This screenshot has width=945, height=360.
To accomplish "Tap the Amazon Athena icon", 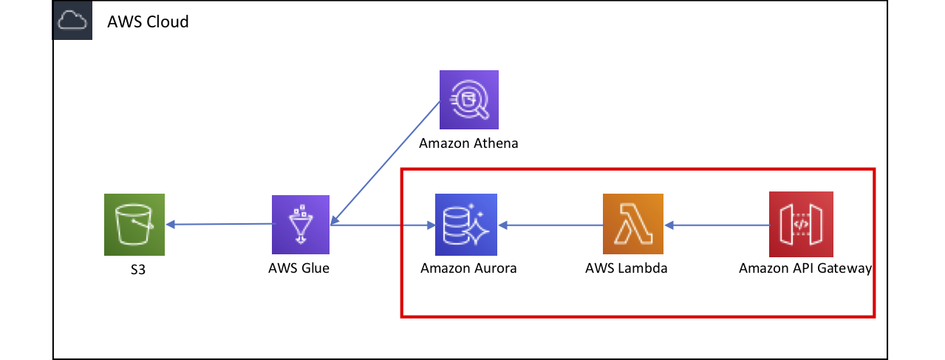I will pos(468,100).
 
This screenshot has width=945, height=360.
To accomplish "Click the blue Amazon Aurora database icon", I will pos(466,224).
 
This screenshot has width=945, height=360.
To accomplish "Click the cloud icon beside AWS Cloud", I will pos(72,21).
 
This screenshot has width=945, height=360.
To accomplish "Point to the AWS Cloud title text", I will pos(148,22).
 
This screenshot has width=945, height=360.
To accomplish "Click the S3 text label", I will pos(134,271).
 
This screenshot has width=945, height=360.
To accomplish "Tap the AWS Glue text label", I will pos(298,268).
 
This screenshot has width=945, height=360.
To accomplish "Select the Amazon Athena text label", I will pos(468,143).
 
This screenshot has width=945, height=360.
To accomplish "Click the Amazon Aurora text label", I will pos(468,268).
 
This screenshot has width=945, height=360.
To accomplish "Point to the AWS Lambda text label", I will pos(626,268).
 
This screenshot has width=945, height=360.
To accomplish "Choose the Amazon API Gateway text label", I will pos(805,268).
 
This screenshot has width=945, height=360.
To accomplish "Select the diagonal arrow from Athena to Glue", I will pos(386,163).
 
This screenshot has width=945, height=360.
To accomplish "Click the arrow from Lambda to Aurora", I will pos(550,224).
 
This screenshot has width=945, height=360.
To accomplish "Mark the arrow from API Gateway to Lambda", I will pos(717,224).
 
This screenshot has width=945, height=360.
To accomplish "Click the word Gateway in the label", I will pos(845,268).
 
